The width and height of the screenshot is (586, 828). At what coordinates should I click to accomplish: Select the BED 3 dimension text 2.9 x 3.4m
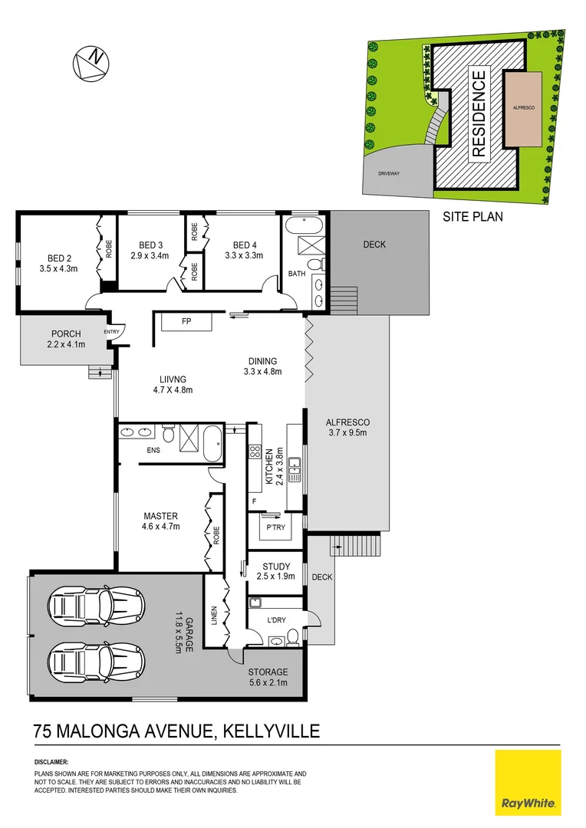[x=150, y=255]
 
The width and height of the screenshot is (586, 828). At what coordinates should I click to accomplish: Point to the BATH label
[x=297, y=273]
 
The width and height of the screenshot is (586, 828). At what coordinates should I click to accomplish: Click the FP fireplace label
[x=186, y=322]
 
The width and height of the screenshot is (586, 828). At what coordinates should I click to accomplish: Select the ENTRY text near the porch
[x=111, y=331]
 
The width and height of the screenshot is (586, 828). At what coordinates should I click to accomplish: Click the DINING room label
[x=262, y=361]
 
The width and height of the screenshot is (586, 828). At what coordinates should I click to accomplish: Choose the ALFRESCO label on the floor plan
[x=347, y=422]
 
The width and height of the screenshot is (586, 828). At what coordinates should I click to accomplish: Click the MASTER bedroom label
[x=161, y=515]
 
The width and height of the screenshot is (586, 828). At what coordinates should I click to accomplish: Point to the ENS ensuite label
[x=153, y=449]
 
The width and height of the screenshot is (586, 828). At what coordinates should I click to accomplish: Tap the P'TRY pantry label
[x=276, y=527]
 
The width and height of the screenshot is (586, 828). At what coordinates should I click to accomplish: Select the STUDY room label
[x=276, y=567]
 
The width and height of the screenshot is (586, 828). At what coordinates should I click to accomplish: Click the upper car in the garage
[x=96, y=606]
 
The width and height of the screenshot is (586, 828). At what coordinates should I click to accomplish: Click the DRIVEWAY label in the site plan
[x=389, y=173]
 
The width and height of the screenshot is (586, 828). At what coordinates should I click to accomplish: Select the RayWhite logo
[x=528, y=782]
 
